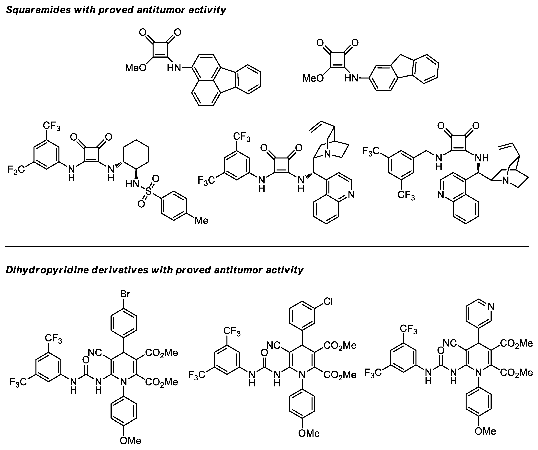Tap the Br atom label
coord(125,294)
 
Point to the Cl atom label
coord(328,302)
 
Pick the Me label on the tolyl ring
coord(201,221)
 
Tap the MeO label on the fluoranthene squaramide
coord(135,68)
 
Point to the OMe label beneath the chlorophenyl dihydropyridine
coord(309,433)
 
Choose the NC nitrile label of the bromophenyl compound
coord(95,353)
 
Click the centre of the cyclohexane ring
coord(136,154)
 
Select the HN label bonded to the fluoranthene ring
coord(174,68)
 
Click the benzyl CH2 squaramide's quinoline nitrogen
coord(440,195)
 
